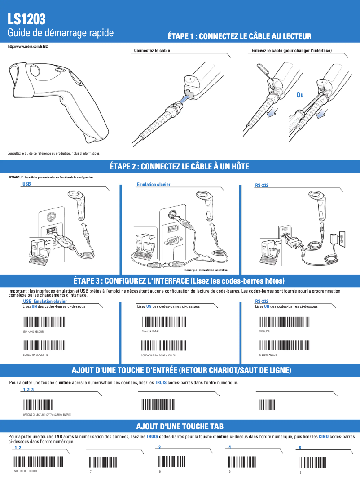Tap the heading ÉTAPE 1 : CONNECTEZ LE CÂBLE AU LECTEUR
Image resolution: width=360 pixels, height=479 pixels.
click(x=239, y=36)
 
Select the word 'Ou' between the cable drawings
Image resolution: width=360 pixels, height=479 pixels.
click(x=300, y=95)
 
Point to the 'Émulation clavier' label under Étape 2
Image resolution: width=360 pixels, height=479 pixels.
click(x=153, y=184)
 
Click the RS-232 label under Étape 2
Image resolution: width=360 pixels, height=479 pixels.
click(x=262, y=185)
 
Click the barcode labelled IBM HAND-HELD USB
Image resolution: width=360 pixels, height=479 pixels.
click(x=44, y=322)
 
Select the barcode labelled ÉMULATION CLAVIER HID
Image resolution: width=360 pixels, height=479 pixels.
click(x=44, y=346)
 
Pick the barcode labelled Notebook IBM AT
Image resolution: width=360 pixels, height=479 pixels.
click(x=164, y=322)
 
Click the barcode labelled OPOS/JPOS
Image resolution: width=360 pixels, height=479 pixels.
click(x=284, y=322)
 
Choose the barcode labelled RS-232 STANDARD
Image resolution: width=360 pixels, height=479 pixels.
click(x=284, y=346)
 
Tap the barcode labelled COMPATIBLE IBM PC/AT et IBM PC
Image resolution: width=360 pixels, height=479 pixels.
click(x=164, y=346)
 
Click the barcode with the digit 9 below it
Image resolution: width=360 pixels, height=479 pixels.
click(x=313, y=462)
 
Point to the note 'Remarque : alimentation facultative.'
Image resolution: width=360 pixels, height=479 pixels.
click(x=206, y=270)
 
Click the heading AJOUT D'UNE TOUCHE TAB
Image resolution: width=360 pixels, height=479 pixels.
click(x=180, y=426)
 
